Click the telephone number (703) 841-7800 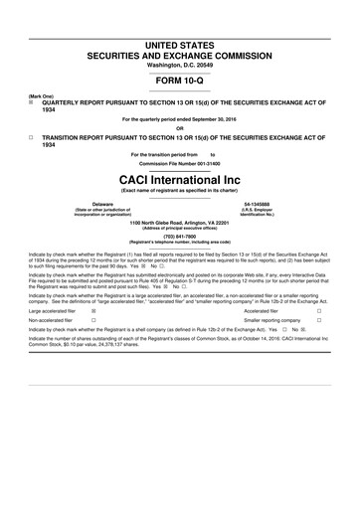[x=180, y=236]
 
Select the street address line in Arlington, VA [x=180, y=222]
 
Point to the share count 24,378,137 [x=101, y=353]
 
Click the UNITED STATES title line [x=180, y=17]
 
